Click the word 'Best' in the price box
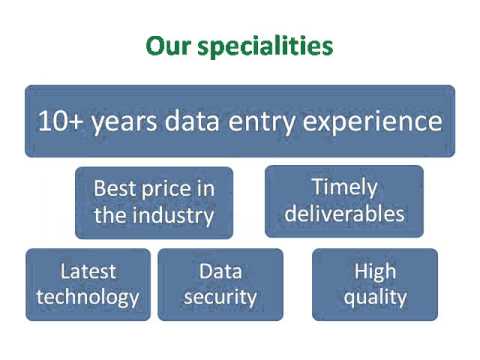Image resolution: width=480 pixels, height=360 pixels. [x=114, y=188]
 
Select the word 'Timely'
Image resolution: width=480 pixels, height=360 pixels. [x=344, y=188]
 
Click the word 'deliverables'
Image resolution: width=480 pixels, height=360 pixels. [x=344, y=214]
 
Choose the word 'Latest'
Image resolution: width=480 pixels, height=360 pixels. [x=88, y=271]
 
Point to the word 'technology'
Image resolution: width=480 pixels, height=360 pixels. [x=88, y=297]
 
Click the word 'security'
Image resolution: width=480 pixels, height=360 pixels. [x=220, y=297]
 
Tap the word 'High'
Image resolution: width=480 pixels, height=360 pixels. [x=375, y=271]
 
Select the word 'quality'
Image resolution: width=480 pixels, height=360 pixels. [x=375, y=297]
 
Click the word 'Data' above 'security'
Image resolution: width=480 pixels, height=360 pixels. [x=220, y=271]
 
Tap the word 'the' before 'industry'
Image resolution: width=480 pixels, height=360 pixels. [x=110, y=214]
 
